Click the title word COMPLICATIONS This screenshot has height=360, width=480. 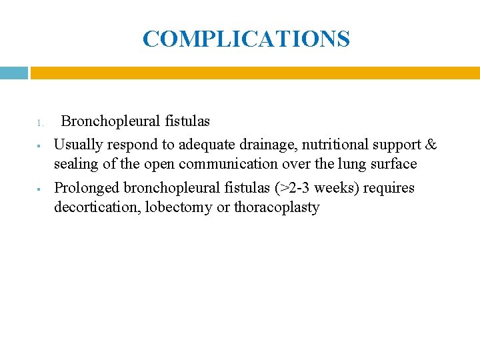(246, 39)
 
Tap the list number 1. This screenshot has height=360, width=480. (40, 123)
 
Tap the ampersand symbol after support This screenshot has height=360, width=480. (431, 145)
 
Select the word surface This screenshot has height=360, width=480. (392, 164)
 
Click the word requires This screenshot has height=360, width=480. (389, 189)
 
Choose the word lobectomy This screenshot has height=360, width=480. (179, 208)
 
